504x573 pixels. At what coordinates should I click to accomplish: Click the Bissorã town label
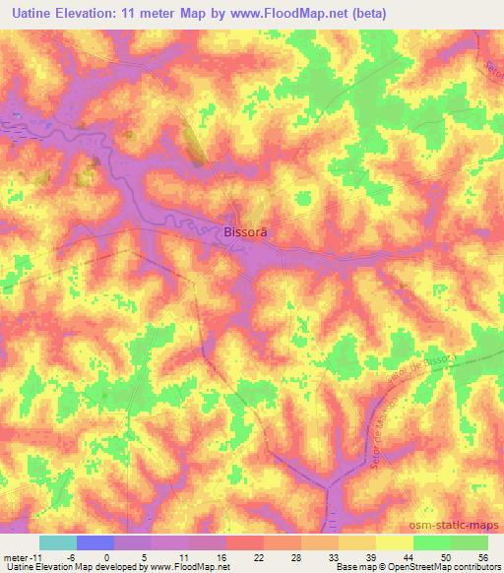click(241, 232)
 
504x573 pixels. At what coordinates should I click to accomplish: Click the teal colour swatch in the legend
click(58, 542)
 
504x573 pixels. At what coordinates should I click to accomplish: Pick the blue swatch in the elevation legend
click(95, 542)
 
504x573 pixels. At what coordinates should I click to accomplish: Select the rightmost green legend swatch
click(470, 542)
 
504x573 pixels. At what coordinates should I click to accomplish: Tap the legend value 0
click(106, 556)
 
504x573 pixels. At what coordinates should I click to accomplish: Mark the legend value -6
click(69, 556)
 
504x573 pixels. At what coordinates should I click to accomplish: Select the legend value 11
click(182, 556)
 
